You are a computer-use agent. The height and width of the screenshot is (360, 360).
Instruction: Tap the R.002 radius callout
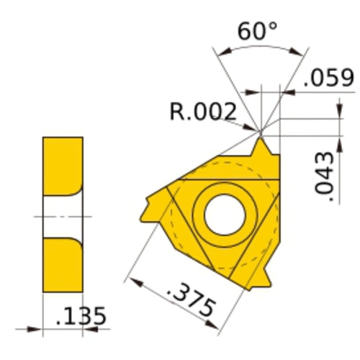(x=202, y=112)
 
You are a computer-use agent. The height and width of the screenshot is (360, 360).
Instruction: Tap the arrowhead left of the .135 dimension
(x=37, y=330)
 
